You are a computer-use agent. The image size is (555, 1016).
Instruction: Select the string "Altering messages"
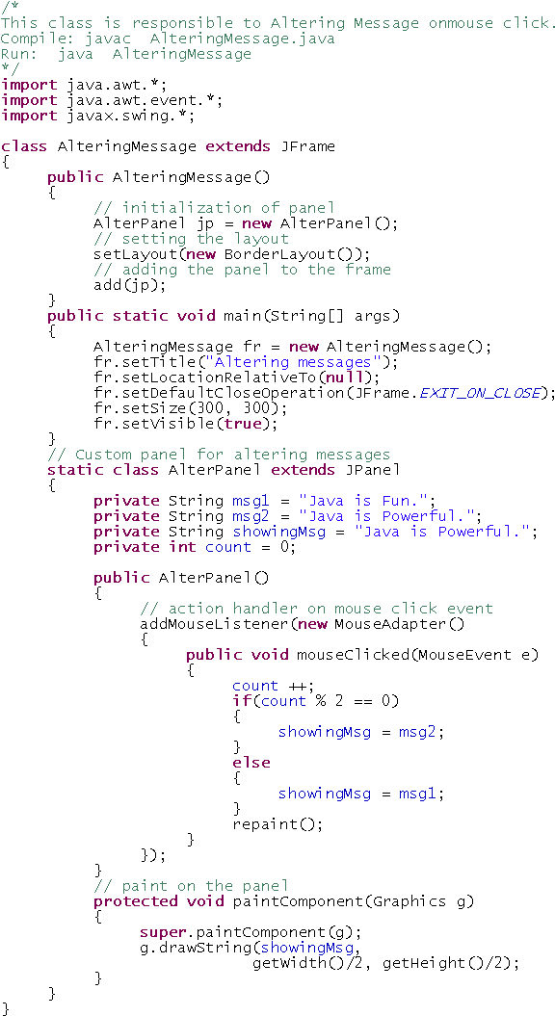click(316, 362)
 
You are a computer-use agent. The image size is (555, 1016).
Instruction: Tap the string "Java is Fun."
click(363, 501)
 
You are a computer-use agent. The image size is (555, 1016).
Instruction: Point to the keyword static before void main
click(140, 316)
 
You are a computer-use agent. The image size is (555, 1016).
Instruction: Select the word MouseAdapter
click(390, 624)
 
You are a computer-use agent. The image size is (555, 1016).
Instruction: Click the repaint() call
click(277, 825)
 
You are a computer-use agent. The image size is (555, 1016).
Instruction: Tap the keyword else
click(251, 763)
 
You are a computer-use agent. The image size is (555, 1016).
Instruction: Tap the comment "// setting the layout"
click(192, 239)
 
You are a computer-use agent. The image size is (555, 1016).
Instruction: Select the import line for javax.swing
click(98, 116)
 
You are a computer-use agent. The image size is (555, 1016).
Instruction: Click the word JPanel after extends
click(376, 470)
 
